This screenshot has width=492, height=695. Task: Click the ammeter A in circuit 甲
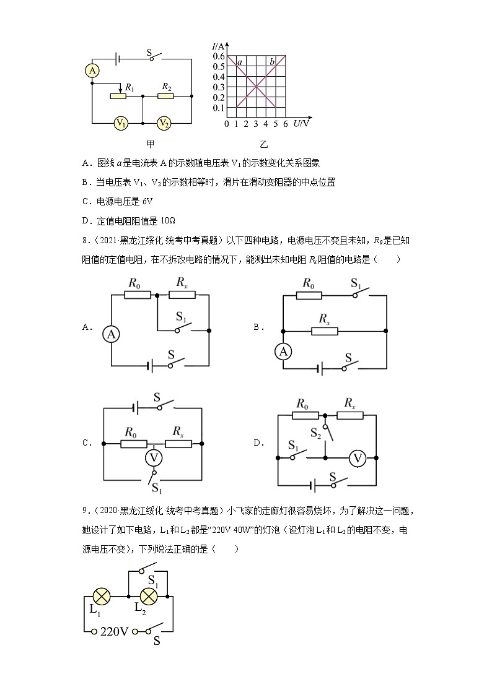click(92, 71)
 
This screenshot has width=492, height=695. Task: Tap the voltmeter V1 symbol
click(121, 123)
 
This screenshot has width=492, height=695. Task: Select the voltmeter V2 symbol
click(163, 123)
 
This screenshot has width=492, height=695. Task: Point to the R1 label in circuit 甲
click(129, 88)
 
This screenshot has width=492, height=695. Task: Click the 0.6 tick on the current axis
click(219, 56)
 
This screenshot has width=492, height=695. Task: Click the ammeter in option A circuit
click(111, 334)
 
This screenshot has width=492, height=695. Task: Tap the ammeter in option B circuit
click(283, 352)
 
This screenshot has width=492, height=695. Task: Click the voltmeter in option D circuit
click(357, 459)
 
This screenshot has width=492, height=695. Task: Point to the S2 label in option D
click(316, 431)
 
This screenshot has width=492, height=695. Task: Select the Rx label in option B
click(324, 318)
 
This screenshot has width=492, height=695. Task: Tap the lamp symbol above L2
click(149, 597)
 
